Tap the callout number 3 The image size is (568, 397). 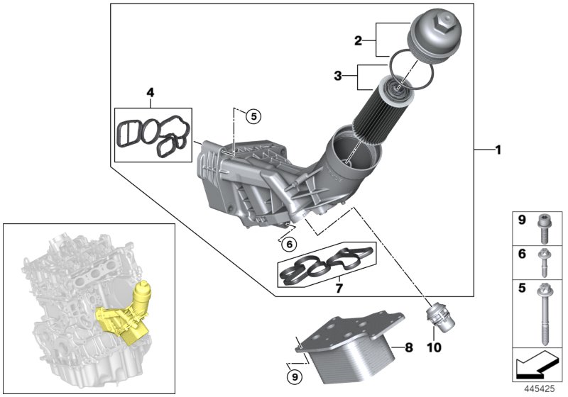(x=339, y=74)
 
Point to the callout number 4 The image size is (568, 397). (x=150, y=92)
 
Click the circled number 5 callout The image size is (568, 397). (x=254, y=116)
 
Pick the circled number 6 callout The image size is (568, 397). (x=288, y=244)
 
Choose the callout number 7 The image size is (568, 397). (x=339, y=289)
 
